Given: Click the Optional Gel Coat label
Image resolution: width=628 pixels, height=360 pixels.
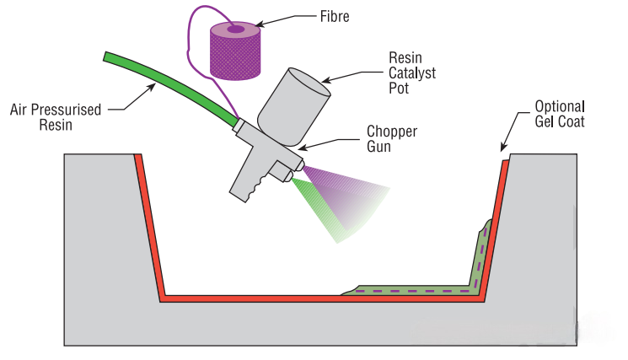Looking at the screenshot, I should [560, 115].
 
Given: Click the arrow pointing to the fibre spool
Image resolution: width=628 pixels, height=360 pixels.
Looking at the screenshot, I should [287, 16].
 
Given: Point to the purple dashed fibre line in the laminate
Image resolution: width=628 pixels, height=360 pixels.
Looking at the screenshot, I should [405, 292].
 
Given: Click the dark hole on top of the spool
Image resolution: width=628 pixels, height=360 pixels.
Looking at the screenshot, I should [234, 30].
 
